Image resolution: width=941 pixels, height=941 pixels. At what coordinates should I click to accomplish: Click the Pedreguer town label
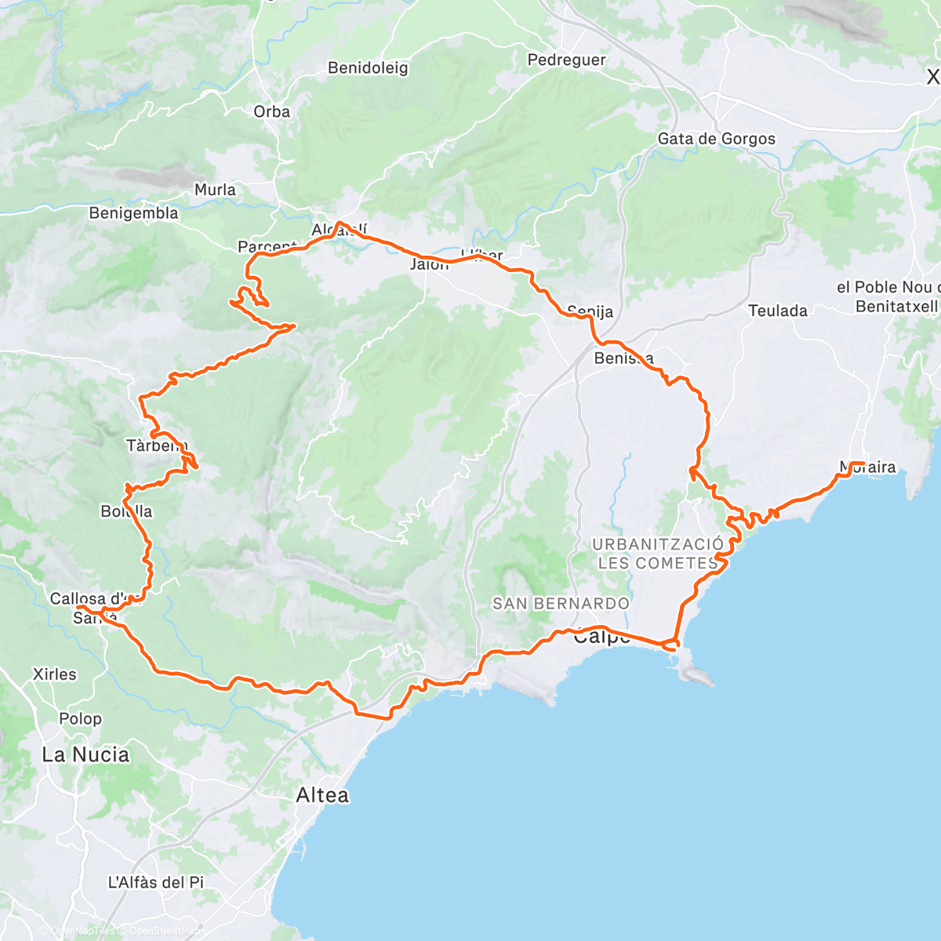coord(566,60)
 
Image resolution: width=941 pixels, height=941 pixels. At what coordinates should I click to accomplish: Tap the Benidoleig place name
coord(368,68)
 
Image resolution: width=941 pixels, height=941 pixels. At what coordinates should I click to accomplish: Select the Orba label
coord(272,112)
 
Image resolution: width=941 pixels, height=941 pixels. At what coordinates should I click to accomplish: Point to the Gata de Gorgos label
coord(716,139)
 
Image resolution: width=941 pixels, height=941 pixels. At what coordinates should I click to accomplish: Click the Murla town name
coord(215,190)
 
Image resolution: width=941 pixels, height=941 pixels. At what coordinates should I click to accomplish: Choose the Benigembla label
coord(133,213)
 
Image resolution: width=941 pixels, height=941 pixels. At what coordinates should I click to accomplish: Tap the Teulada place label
coord(777,311)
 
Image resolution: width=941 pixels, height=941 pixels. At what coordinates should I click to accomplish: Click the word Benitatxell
coord(896,307)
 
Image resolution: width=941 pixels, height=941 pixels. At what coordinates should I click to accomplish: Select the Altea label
coord(322,795)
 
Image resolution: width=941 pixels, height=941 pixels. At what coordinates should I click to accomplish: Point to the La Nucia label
coord(85,755)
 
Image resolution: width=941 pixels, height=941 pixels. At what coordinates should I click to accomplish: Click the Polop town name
coord(80,719)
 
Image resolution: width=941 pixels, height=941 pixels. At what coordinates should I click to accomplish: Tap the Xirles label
coord(55,674)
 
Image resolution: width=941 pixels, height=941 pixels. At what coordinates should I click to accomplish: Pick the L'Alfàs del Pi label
coord(155,883)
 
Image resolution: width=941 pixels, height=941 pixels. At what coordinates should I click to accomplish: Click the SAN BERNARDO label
coord(561,604)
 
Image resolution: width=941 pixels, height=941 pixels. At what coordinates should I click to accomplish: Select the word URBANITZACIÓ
coord(658,544)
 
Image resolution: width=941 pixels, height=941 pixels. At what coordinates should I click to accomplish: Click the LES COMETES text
coord(658,563)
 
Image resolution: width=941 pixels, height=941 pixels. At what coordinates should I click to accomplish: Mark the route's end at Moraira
coord(863,463)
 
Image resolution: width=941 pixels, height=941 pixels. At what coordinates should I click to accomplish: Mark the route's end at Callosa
coord(78,606)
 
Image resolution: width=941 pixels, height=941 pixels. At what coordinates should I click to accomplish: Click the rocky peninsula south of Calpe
coord(694,671)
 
